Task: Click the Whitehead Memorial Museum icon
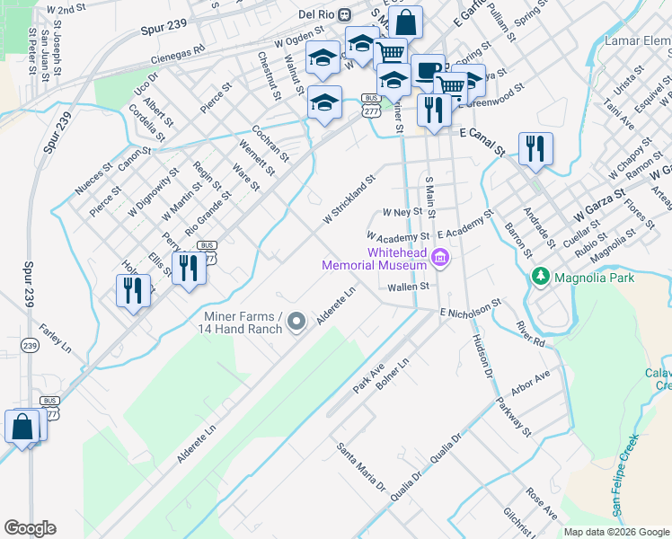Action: [x=440, y=259]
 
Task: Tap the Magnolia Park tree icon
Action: [x=540, y=276]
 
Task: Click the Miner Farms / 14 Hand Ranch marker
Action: [x=298, y=321]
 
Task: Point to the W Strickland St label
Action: [x=348, y=201]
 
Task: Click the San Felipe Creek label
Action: [x=625, y=476]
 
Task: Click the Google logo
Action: [x=30, y=527]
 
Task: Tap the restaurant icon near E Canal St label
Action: [x=536, y=148]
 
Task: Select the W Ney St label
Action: [x=402, y=213]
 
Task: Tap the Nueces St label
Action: [x=94, y=177]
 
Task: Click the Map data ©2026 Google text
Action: [x=615, y=532]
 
